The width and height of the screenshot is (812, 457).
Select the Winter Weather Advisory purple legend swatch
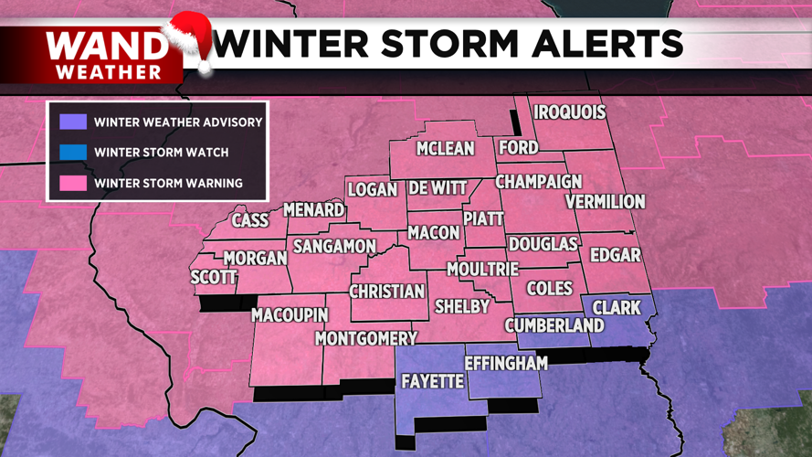pyautogui.click(x=73, y=122)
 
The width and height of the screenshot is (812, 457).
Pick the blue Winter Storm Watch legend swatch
pyautogui.click(x=73, y=152)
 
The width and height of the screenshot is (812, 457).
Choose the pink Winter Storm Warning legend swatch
pyautogui.click(x=73, y=183)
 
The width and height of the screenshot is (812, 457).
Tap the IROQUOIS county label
pyautogui.click(x=570, y=112)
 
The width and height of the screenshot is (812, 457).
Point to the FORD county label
pyautogui.click(x=518, y=147)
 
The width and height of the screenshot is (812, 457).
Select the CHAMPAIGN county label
pyautogui.click(x=539, y=181)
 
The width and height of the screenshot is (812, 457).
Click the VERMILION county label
pyautogui.click(x=605, y=201)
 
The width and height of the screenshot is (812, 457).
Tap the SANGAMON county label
pyautogui.click(x=334, y=246)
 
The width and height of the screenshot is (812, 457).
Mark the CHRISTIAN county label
pyautogui.click(x=388, y=292)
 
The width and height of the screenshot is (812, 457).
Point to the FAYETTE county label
pyautogui.click(x=433, y=381)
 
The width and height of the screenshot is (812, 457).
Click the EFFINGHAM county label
pyautogui.click(x=506, y=363)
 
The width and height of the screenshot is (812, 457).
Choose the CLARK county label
pyautogui.click(x=617, y=307)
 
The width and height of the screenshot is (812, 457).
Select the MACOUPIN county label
pyautogui.click(x=290, y=315)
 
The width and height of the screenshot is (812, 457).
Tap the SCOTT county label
pyautogui.click(x=214, y=277)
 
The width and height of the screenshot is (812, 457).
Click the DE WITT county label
pyautogui.click(x=438, y=188)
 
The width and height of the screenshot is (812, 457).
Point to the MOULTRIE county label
pyautogui.click(x=482, y=270)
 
